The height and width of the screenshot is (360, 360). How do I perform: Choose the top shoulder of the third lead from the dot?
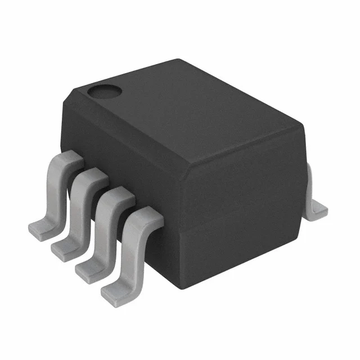118,195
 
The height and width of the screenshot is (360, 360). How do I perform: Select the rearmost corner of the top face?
179,60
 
